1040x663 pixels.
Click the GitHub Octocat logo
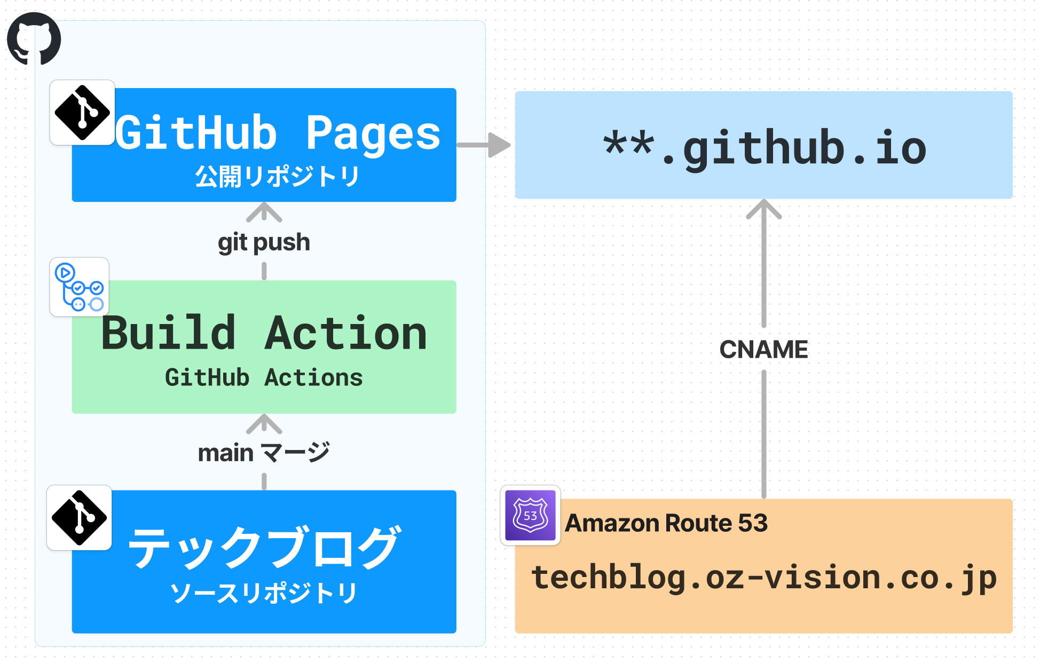[34, 38]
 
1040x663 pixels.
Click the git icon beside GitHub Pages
[82, 113]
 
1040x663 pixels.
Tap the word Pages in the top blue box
[373, 133]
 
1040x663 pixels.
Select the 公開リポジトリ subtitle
[277, 176]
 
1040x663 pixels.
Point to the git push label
[264, 242]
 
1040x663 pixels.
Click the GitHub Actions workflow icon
[80, 287]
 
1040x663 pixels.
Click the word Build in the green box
[168, 333]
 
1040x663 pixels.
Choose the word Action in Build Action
[346, 333]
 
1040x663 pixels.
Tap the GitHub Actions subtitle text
[264, 377]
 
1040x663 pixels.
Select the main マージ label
[264, 453]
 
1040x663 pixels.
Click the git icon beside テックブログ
[80, 518]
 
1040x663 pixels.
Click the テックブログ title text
[264, 547]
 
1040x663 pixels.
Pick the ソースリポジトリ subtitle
[264, 593]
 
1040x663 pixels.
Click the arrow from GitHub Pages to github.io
[484, 145]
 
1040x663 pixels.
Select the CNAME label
[763, 350]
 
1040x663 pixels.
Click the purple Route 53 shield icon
[530, 515]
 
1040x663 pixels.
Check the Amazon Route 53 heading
[666, 523]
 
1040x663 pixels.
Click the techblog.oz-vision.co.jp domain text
[763, 578]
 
